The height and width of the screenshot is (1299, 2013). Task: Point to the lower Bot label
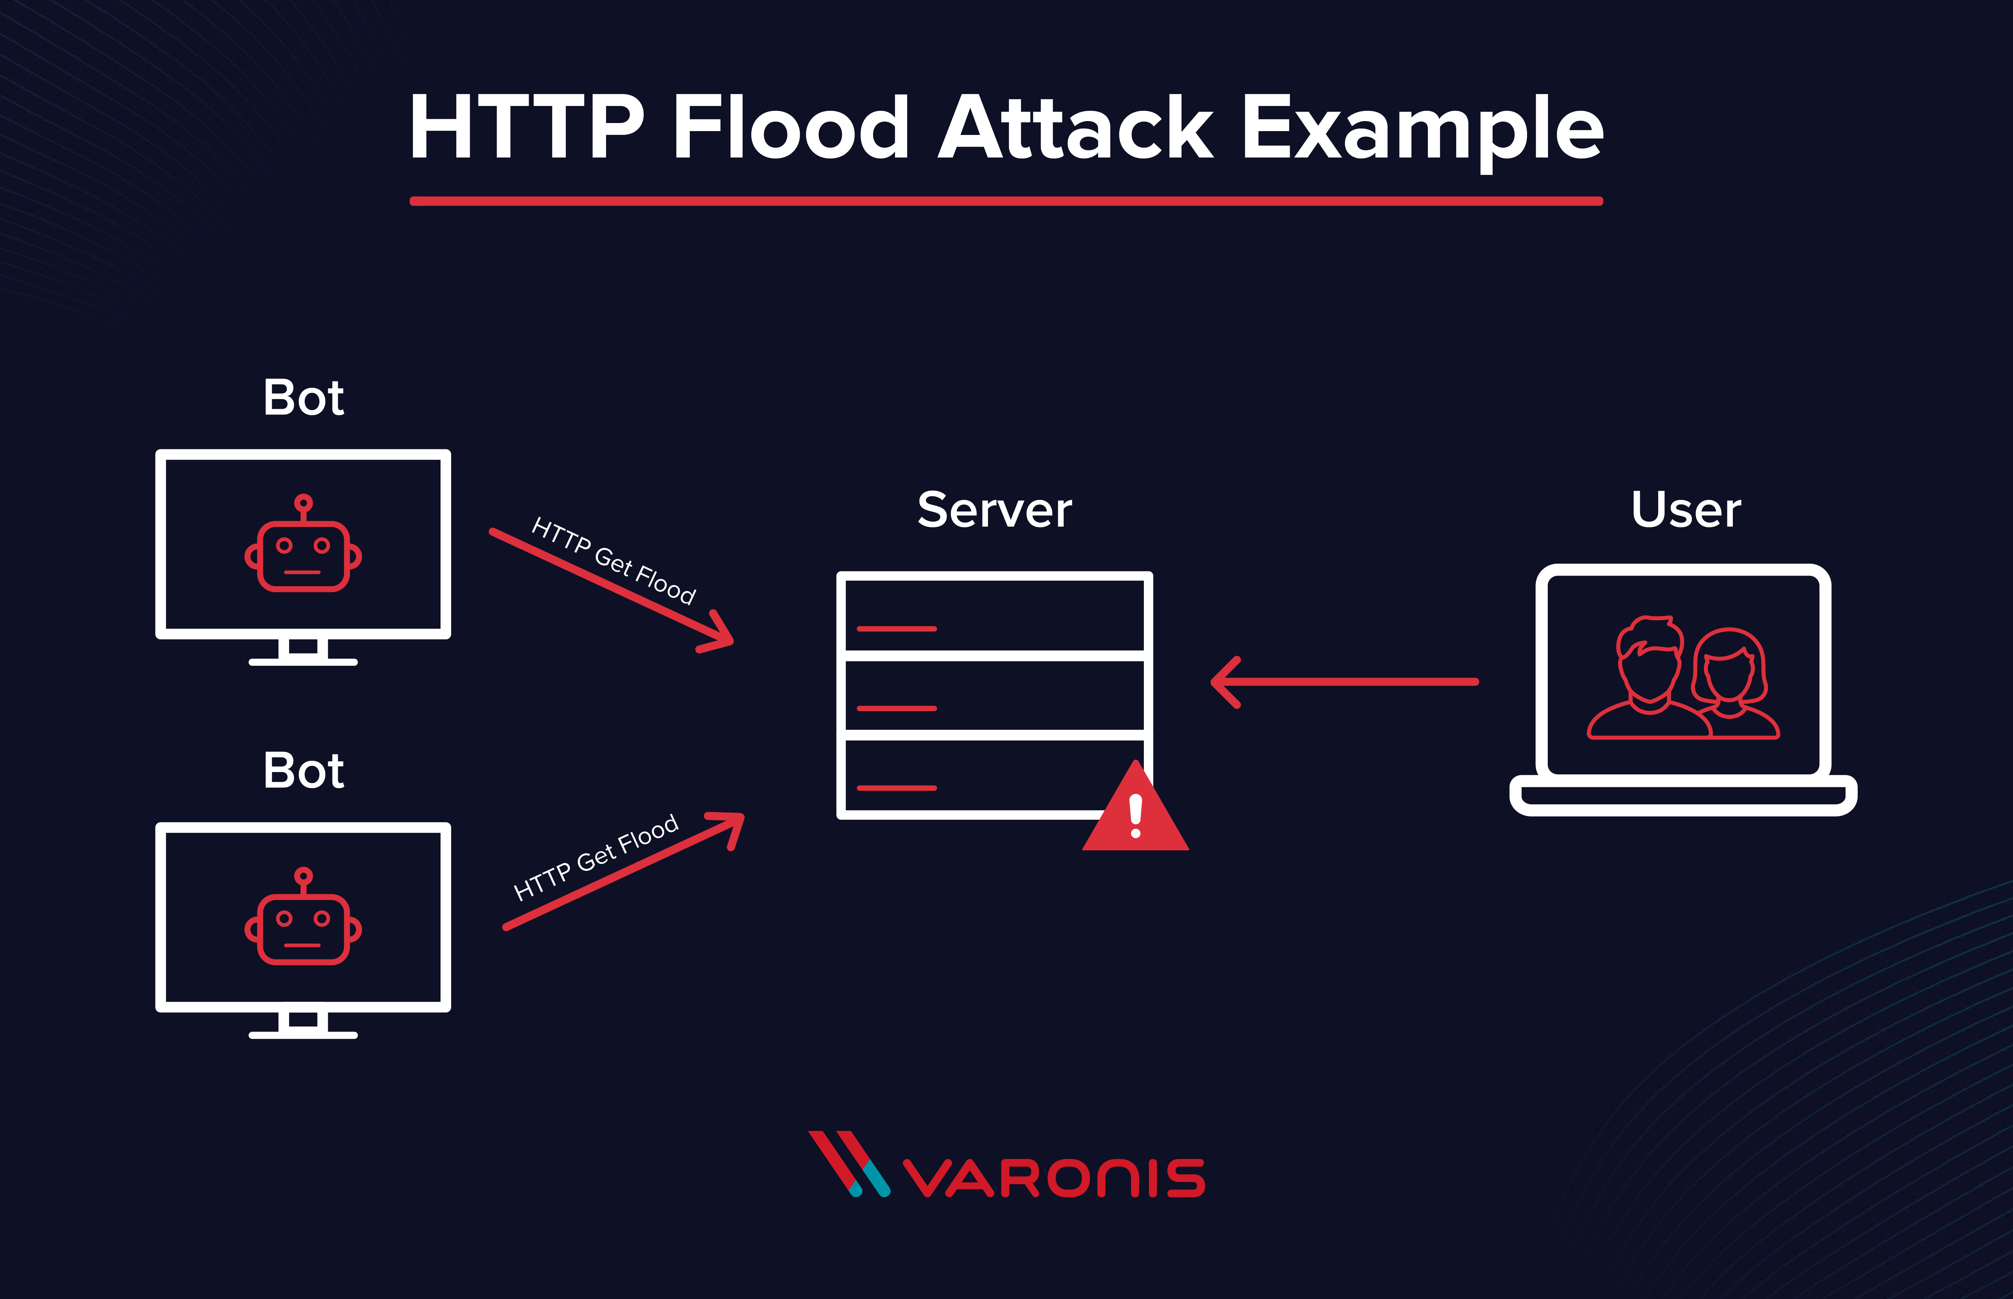304,771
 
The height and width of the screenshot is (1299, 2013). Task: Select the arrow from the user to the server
1345,682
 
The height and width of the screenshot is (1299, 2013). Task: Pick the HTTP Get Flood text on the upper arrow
614,561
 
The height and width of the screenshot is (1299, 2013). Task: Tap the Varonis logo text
1054,1179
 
